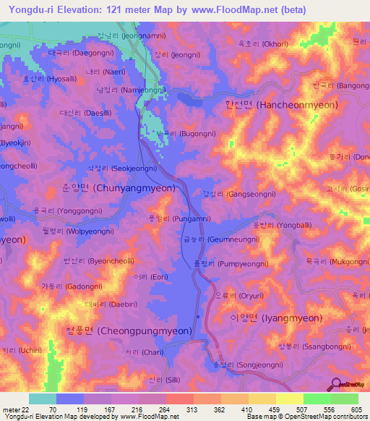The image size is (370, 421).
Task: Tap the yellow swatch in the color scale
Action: [288, 399]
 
